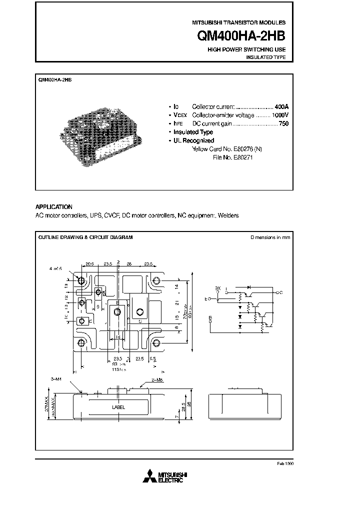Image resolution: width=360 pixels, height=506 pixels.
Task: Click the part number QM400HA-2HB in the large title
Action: (x=244, y=37)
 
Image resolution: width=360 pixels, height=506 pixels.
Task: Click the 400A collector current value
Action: (x=281, y=107)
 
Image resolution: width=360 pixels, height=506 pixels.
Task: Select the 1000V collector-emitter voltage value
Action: (x=280, y=115)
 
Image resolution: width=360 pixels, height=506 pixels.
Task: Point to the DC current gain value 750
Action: (x=283, y=123)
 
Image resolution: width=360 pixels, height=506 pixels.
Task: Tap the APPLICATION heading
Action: (x=53, y=206)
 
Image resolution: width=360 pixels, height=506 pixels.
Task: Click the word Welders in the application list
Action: (x=229, y=215)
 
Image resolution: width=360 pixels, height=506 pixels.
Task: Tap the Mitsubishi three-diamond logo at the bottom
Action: (x=149, y=476)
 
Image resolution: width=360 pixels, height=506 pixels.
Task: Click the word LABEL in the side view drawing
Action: (x=118, y=407)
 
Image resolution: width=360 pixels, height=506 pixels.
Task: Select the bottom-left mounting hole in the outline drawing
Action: (x=80, y=343)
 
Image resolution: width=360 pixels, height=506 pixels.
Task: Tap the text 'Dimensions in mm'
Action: (x=269, y=237)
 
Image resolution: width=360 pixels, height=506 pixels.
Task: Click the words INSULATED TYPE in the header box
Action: (x=265, y=57)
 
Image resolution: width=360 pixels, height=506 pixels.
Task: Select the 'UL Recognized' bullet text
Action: (x=193, y=140)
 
